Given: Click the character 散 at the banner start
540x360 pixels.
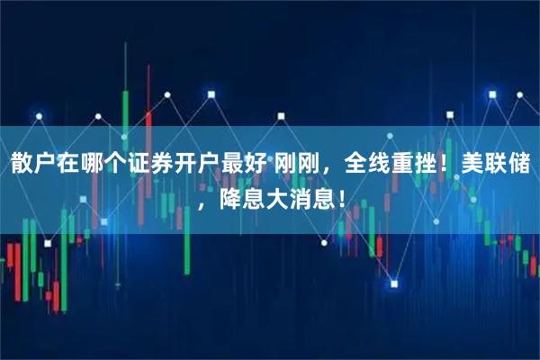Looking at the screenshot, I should pyautogui.click(x=22, y=164).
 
